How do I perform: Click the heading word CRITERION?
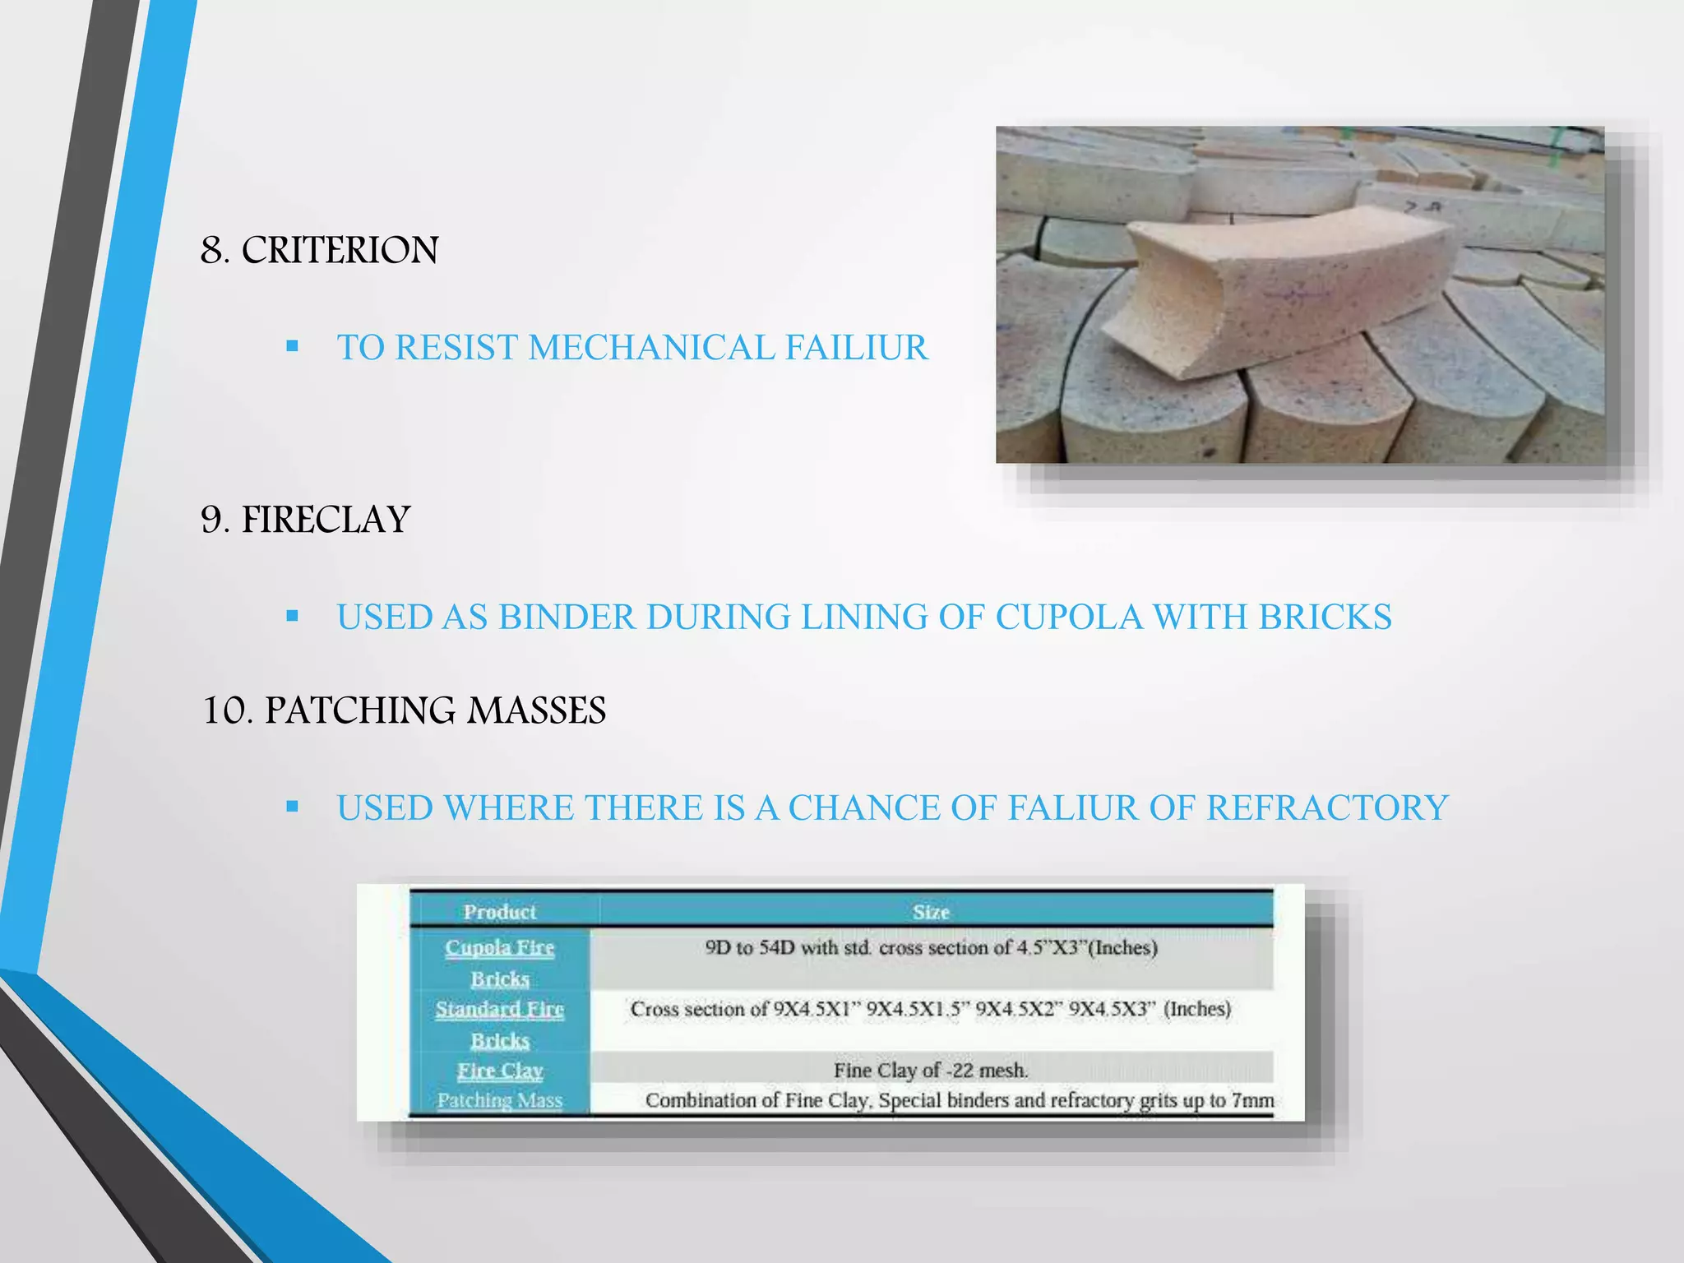click(x=340, y=250)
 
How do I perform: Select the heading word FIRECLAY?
click(x=326, y=520)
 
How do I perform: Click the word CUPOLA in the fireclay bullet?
click(x=1069, y=618)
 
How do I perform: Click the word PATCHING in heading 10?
click(x=359, y=710)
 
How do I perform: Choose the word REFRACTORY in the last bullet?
click(x=1326, y=808)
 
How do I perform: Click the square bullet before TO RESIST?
click(x=292, y=347)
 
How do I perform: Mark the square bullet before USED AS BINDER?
click(x=292, y=616)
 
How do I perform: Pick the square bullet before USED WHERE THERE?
click(x=292, y=807)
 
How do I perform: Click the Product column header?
click(x=499, y=912)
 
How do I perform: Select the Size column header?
click(x=931, y=912)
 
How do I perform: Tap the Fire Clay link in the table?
click(x=500, y=1071)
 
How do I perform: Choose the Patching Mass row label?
click(x=500, y=1100)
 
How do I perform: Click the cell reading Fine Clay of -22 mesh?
click(x=931, y=1071)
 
